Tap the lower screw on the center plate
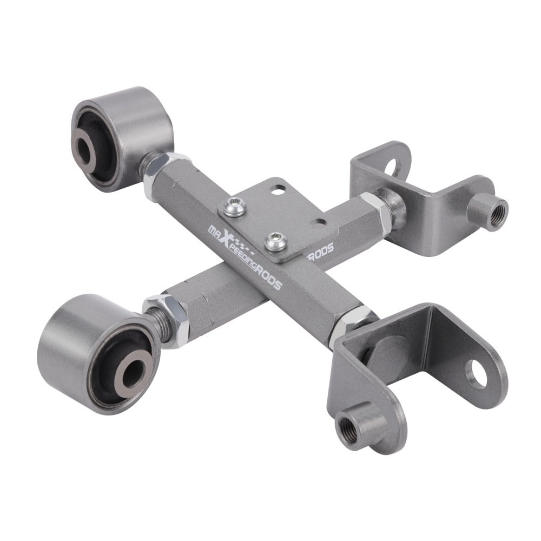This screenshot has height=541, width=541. pyautogui.click(x=276, y=241)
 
